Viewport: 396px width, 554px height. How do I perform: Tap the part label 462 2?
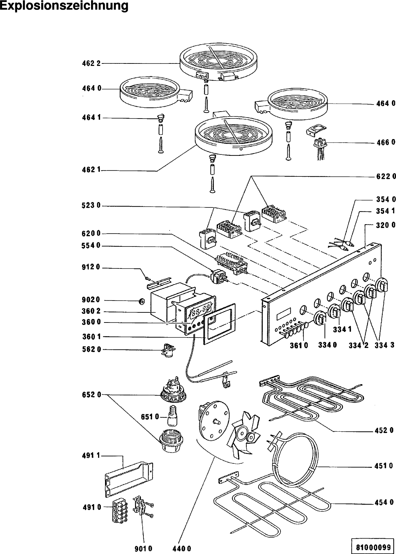(x=91, y=63)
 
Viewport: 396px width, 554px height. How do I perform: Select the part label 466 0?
(x=386, y=142)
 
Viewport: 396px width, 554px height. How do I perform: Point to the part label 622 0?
(x=386, y=176)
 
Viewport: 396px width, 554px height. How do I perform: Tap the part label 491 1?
(x=91, y=455)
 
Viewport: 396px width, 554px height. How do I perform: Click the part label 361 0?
(x=299, y=345)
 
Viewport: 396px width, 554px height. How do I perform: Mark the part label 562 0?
(x=91, y=349)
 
